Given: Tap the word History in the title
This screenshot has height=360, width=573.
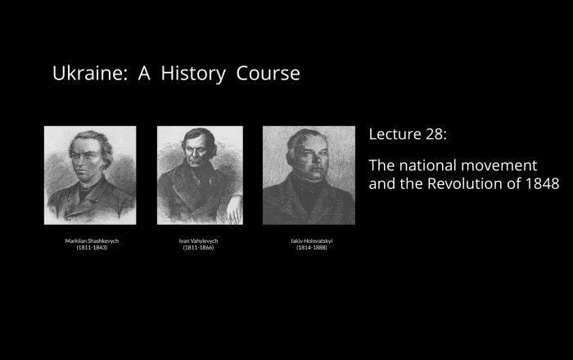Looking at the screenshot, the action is [x=193, y=74].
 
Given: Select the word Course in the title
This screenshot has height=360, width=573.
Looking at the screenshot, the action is [x=268, y=74].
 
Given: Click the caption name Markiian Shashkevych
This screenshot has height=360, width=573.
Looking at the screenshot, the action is [x=92, y=241].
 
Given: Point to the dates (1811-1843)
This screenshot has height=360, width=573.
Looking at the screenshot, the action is [x=92, y=248].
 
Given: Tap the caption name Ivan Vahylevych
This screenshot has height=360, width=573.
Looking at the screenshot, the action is [x=198, y=241].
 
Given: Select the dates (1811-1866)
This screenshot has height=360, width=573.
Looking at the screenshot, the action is [x=198, y=248].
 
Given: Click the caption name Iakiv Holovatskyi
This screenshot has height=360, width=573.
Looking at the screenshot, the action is [x=312, y=241].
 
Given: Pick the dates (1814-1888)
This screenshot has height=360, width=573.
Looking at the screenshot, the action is [x=312, y=248].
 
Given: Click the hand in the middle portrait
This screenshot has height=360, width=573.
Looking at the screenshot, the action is [x=234, y=211].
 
